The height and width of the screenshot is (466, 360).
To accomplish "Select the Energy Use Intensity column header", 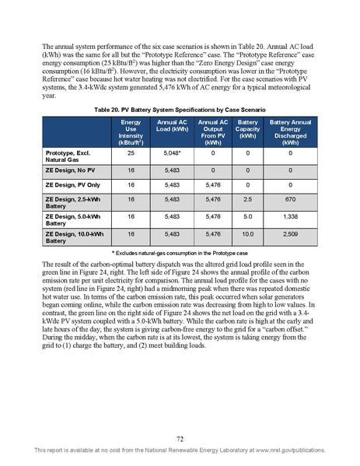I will pyautogui.click(x=126, y=134).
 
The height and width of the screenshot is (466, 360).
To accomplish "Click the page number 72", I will pyautogui.click(x=180, y=439).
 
